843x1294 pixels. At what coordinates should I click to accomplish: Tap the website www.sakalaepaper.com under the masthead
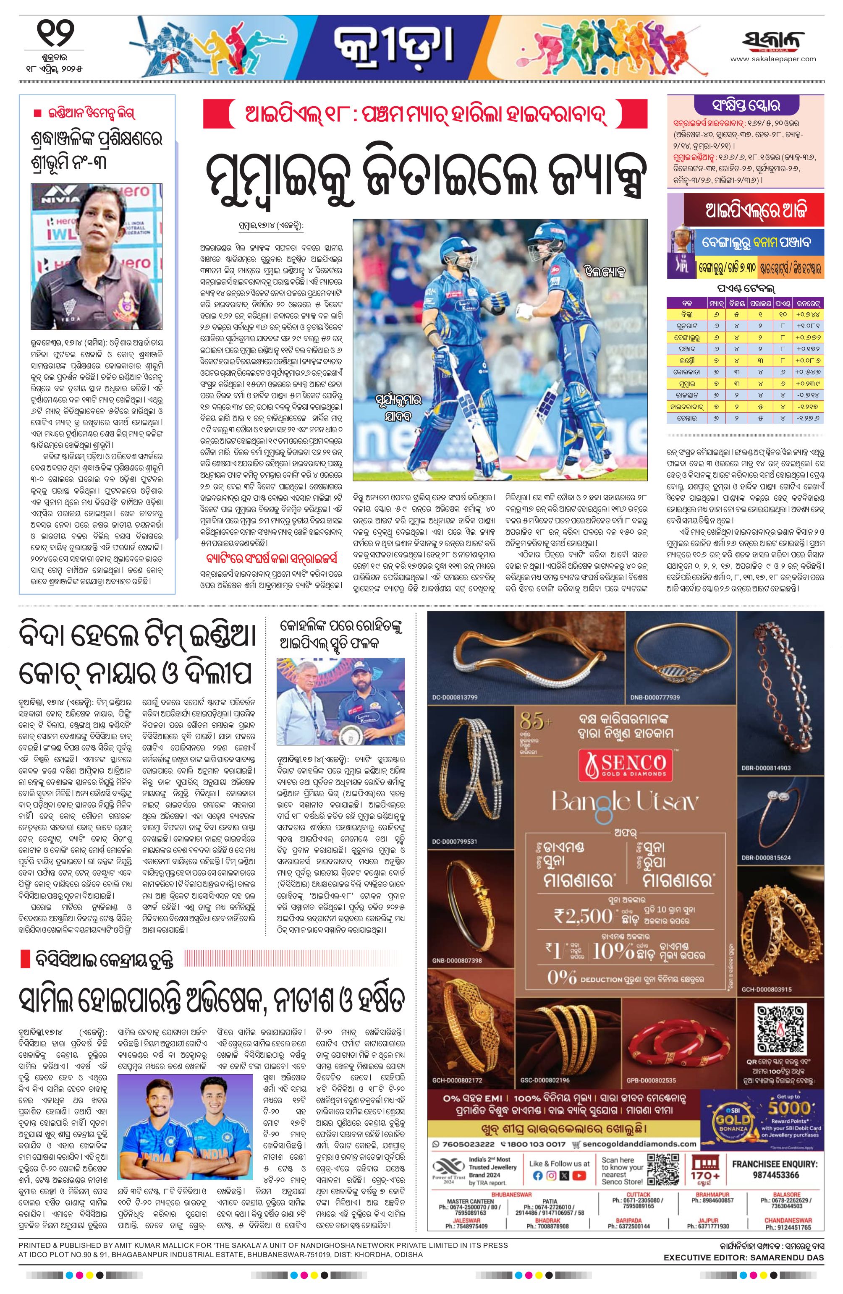773,59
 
